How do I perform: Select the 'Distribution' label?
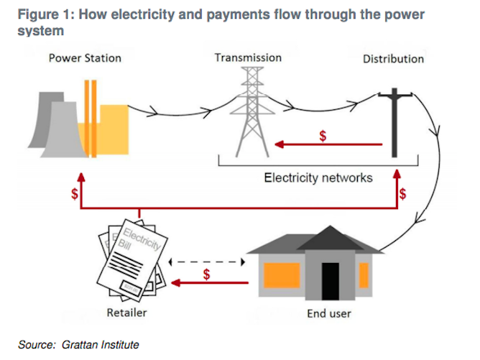(394, 59)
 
